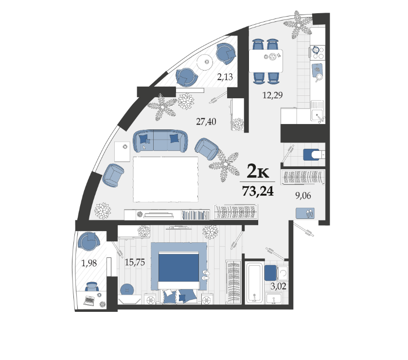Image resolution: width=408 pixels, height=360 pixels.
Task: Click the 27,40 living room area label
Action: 206,122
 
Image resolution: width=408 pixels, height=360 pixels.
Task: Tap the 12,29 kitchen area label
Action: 272,95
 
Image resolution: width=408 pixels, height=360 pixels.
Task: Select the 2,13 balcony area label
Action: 225,77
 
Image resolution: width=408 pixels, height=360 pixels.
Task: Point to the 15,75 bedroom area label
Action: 135,262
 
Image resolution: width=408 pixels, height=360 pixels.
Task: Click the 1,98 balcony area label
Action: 89,263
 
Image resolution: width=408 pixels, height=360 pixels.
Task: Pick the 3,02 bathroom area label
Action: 278,287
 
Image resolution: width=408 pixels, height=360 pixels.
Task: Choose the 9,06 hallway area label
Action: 303,196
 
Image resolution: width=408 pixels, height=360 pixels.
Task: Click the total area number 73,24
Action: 258,191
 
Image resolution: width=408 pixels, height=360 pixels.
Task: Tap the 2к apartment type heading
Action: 258,171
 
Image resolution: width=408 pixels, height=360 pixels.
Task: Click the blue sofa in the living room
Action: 160,141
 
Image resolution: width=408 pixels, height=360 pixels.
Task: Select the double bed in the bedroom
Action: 179,270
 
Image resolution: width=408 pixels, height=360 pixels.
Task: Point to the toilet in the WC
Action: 314,155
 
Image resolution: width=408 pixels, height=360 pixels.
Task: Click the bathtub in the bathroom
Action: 255,283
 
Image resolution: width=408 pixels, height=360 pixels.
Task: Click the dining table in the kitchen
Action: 266,61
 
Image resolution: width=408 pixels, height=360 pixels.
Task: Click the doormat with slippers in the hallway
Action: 305,213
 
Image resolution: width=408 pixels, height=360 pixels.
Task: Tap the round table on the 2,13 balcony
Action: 205,62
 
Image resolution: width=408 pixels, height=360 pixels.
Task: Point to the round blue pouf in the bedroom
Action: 127,289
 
